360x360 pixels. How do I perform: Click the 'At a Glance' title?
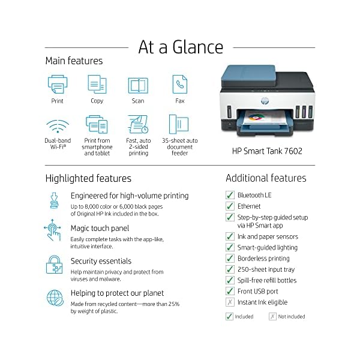click(181, 47)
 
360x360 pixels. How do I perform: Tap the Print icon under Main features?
click(58, 84)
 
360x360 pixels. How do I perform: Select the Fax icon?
click(179, 84)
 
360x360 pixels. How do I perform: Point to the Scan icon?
click(138, 85)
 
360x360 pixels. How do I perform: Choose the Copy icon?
click(97, 84)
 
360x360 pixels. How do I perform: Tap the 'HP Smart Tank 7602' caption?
click(267, 151)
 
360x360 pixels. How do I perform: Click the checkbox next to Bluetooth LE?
click(230, 195)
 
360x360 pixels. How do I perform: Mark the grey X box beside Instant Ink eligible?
click(230, 302)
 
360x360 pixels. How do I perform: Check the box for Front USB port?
click(230, 291)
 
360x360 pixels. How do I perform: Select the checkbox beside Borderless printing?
click(230, 259)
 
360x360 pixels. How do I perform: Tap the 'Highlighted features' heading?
click(88, 178)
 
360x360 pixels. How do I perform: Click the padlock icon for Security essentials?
click(55, 265)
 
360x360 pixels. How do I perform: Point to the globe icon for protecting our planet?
click(55, 298)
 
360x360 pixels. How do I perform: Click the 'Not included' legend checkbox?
click(272, 316)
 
